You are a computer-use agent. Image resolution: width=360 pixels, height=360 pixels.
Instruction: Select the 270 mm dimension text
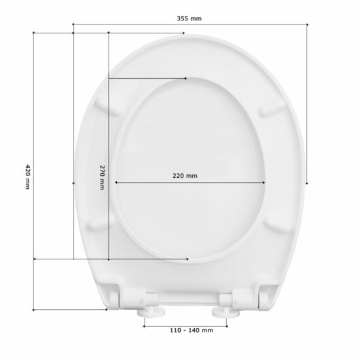click(102, 178)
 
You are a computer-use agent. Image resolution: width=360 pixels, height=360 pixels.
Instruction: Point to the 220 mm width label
click(185, 176)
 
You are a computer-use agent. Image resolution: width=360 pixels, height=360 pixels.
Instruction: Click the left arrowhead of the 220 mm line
click(116, 182)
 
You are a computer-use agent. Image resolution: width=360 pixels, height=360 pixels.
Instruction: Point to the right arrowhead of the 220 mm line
click(264, 182)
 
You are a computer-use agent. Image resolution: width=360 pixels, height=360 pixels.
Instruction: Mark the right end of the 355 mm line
click(308, 24)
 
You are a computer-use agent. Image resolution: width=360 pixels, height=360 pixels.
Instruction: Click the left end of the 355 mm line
click(73, 24)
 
